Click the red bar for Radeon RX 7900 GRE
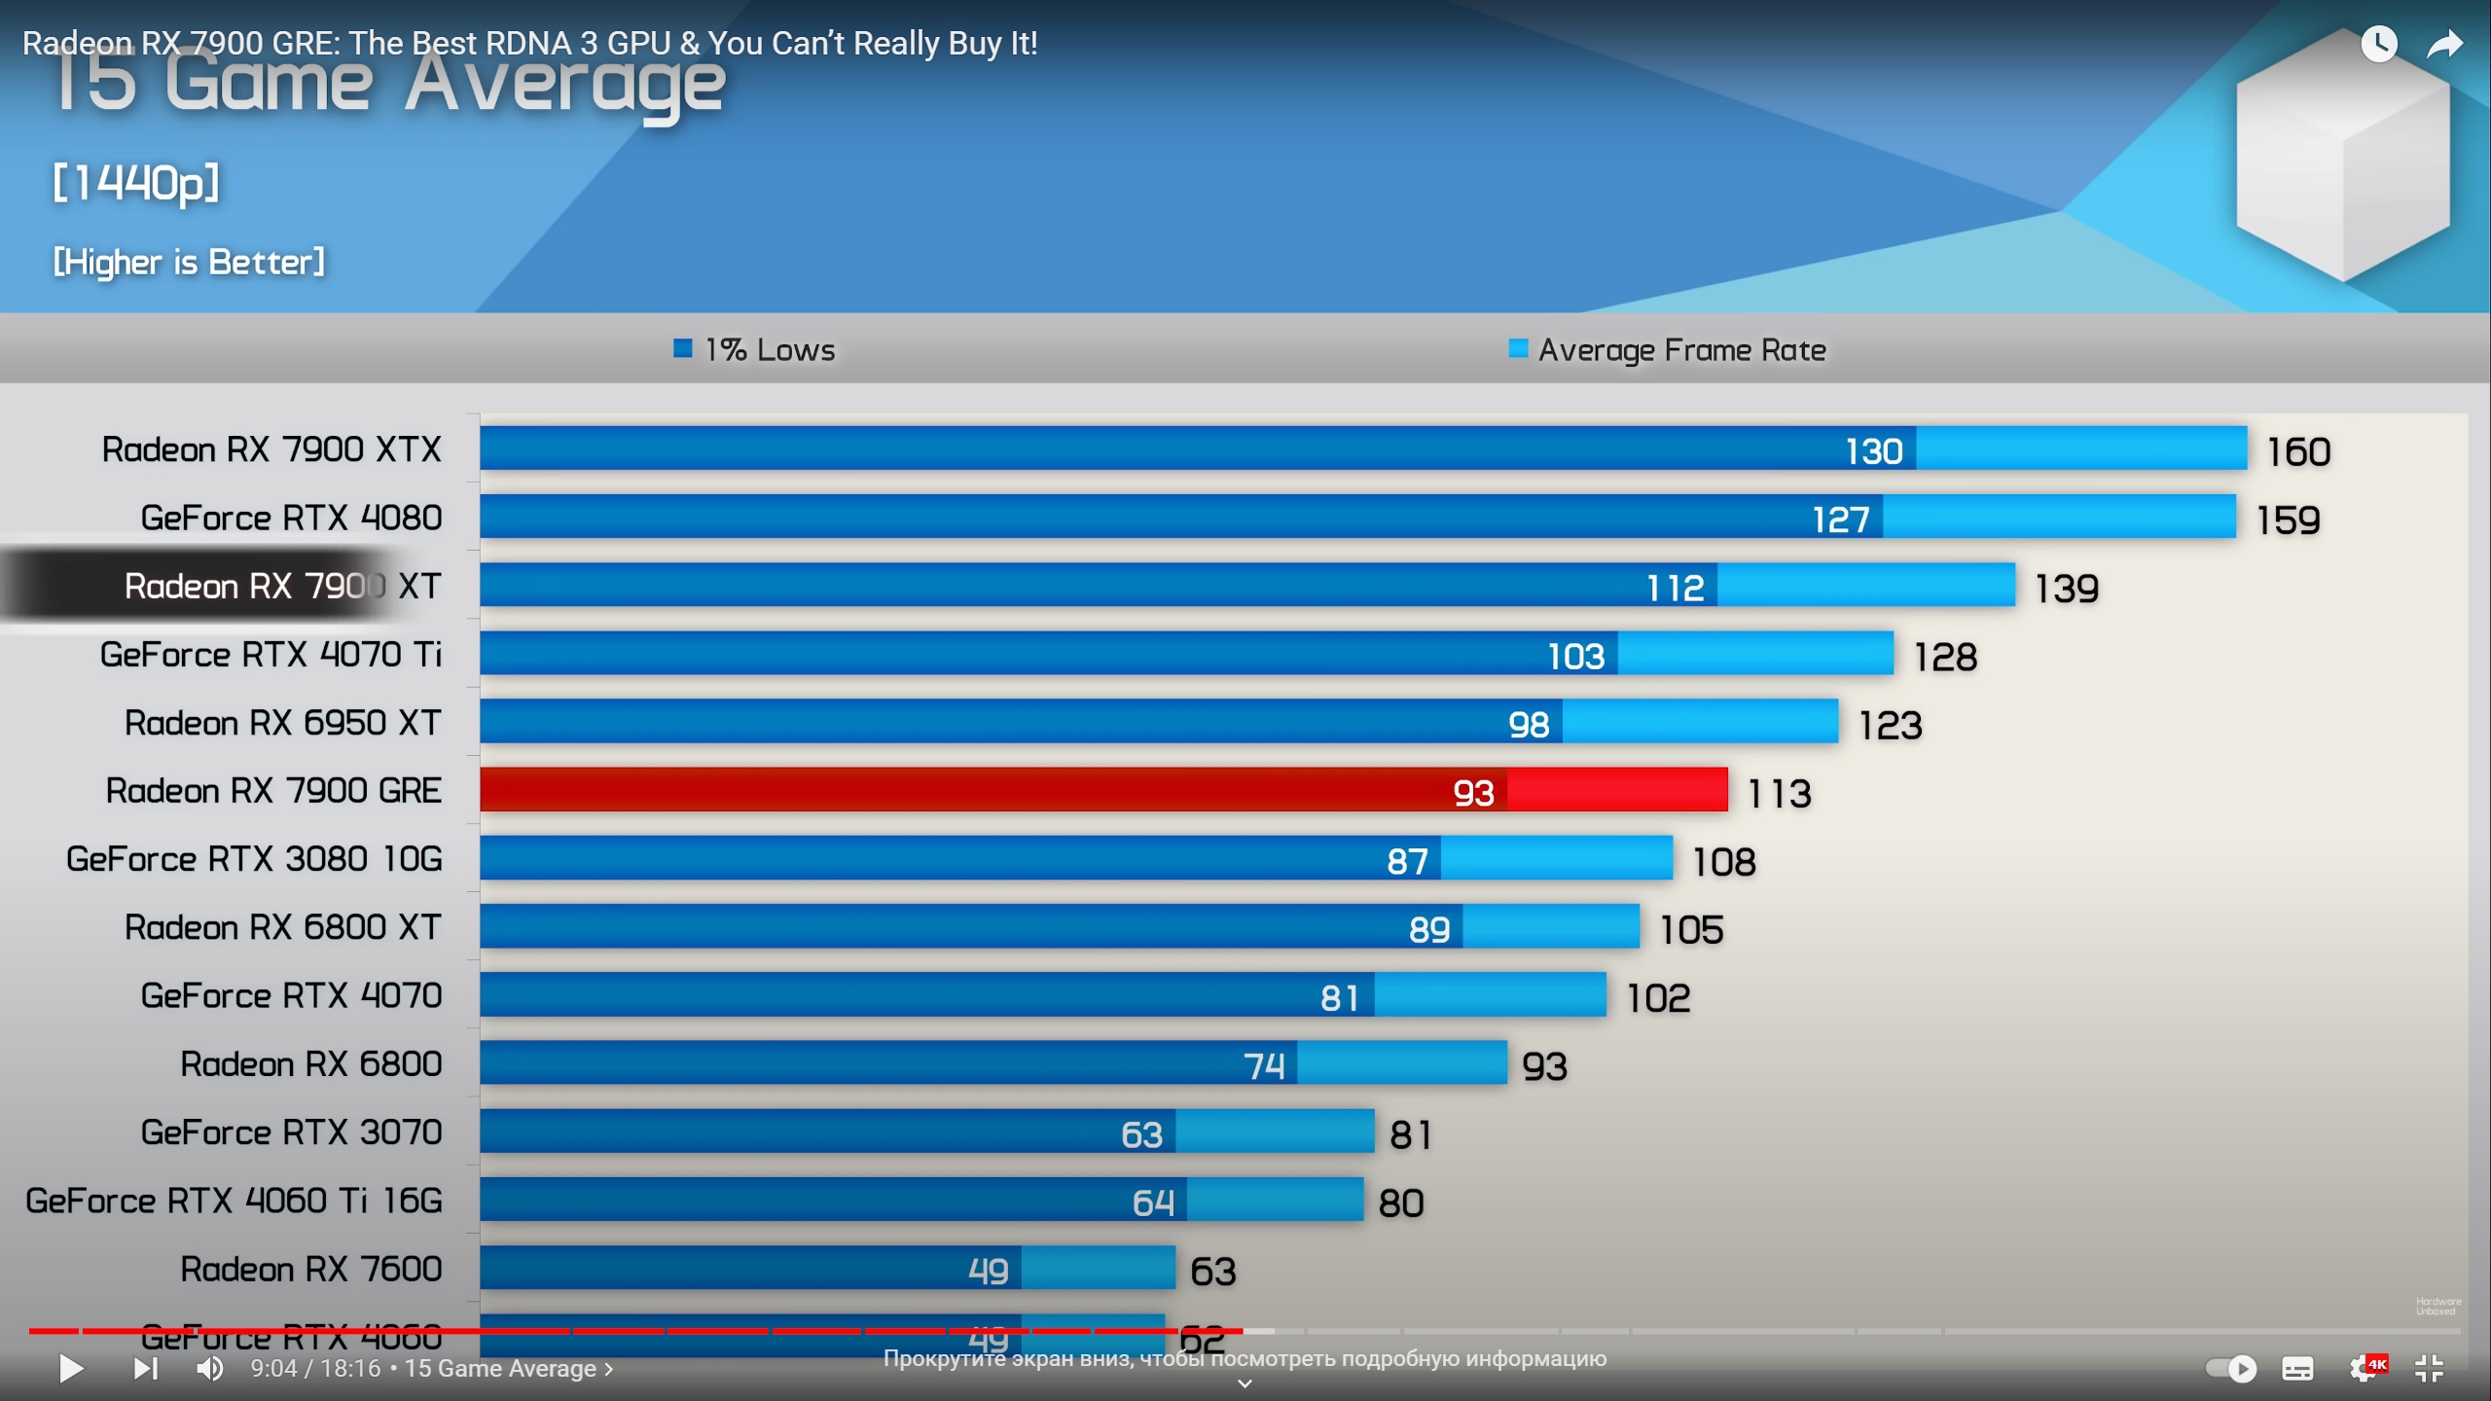pos(1103,790)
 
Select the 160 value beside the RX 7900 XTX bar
pos(2298,451)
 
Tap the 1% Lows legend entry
pos(755,350)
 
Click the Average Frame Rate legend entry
pos(1668,350)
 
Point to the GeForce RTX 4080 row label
pos(291,518)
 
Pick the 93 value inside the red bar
pos(1473,793)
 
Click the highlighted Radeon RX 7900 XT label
pos(282,586)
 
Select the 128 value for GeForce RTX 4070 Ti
pos(1945,657)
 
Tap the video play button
pos(71,1368)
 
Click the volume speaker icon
pos(209,1368)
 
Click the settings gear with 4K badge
pos(2365,1368)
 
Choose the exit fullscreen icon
pos(2430,1368)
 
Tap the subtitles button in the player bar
pos(2297,1368)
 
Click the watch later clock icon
pos(2378,44)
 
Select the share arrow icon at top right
pos(2444,44)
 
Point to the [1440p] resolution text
pos(136,182)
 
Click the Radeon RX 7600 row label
pos(310,1269)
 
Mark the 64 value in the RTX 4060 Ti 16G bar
pos(1153,1203)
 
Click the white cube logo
pos(2342,156)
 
